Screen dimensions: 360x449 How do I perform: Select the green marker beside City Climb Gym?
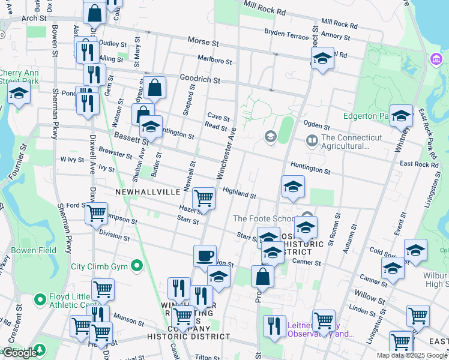pos(137,265)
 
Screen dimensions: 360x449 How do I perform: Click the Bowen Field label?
pos(34,250)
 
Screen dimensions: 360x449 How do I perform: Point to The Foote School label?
pos(266,219)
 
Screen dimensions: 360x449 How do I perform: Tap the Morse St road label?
pos(202,42)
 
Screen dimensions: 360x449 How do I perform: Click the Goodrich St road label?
pos(200,79)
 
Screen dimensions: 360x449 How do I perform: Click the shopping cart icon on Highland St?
pos(204,198)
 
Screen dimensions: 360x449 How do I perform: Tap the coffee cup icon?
pos(205,256)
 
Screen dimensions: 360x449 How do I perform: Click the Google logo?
pos(20,353)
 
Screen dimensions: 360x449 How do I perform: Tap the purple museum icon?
pos(435,59)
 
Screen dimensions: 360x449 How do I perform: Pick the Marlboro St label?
pos(214,60)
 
